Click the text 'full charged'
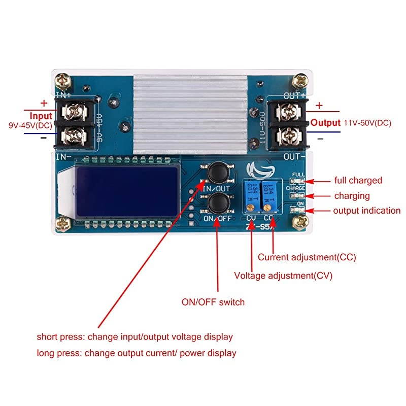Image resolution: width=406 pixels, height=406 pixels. [x=358, y=180]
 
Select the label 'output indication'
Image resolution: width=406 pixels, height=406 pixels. [x=367, y=211]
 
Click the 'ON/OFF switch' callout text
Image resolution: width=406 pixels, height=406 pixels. [x=213, y=302]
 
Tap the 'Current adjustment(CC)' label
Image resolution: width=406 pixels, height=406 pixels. [x=307, y=257]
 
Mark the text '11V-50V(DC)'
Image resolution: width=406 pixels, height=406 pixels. [x=367, y=123]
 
